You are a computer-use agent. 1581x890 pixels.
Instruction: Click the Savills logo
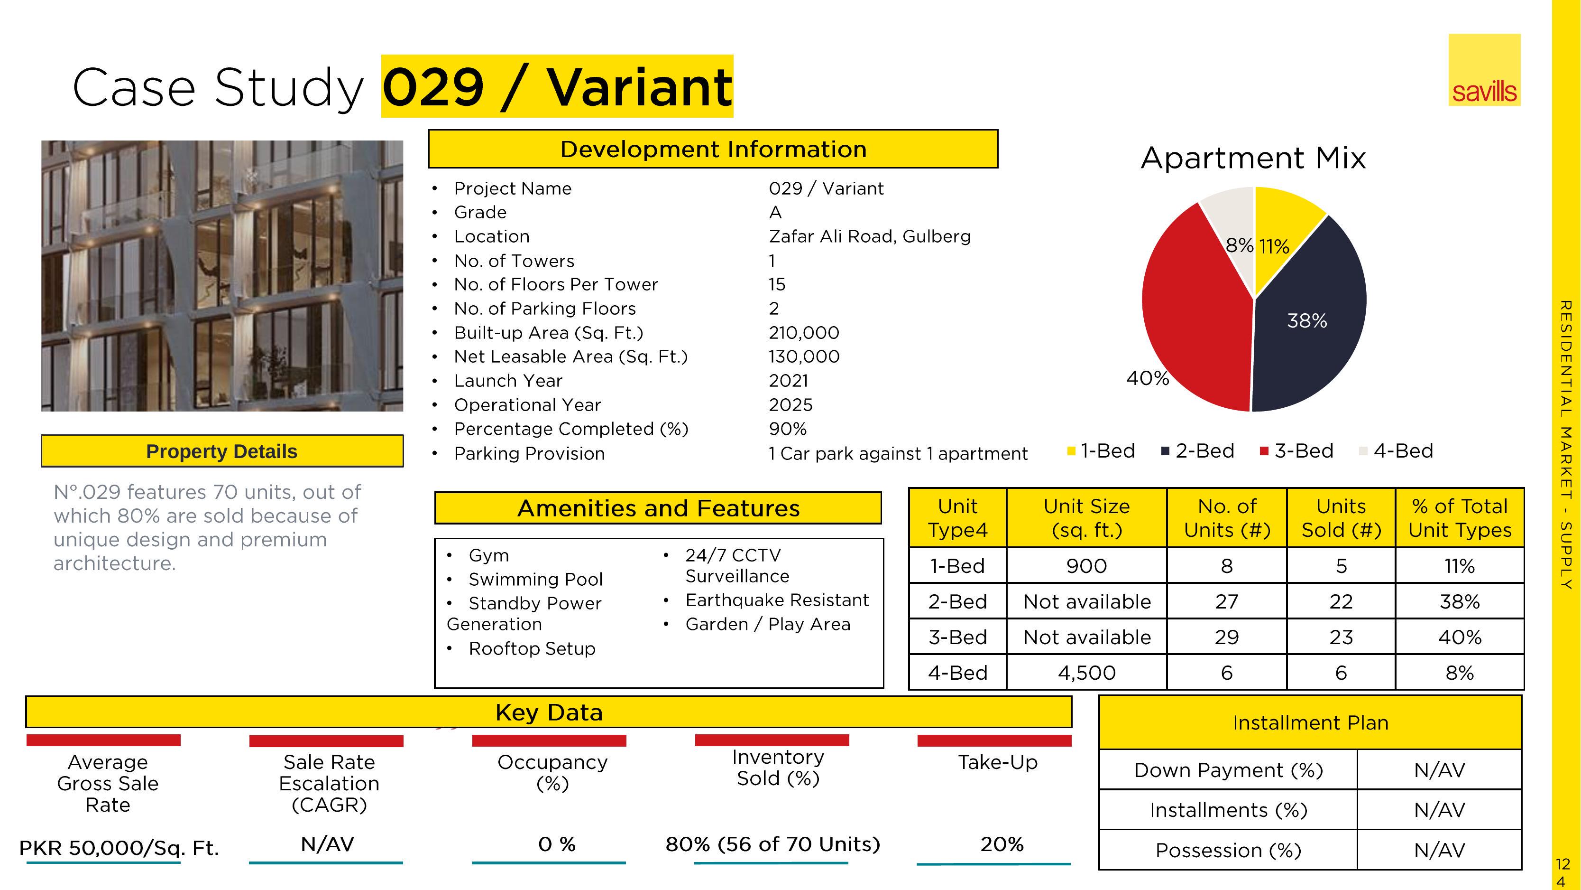point(1484,69)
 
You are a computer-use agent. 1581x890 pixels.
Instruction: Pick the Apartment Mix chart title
point(1253,158)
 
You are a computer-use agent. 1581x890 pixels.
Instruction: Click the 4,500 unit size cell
point(1086,673)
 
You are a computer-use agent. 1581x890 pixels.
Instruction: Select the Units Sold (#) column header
point(1341,518)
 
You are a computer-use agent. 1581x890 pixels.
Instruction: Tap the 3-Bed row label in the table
point(957,637)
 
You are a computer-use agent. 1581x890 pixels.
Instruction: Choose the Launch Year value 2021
point(788,381)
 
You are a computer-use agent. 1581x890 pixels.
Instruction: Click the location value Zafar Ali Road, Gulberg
point(870,236)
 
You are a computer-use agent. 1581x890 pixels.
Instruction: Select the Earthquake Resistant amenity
point(777,600)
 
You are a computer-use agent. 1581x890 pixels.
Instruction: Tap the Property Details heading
point(221,451)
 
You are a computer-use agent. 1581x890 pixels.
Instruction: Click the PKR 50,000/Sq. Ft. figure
point(119,848)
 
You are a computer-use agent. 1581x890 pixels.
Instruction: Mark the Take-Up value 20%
point(1002,844)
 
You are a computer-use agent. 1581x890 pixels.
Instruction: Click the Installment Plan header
point(1310,722)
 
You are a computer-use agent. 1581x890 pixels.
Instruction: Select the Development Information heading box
point(713,149)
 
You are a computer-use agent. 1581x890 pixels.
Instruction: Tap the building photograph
point(222,276)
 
